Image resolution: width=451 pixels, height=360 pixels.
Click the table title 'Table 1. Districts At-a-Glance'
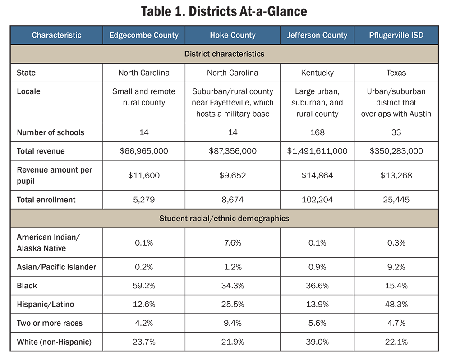pos(224,11)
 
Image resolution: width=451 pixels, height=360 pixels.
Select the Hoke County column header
pos(232,35)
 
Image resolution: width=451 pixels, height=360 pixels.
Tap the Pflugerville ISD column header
pos(396,35)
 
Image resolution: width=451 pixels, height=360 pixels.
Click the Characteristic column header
pos(56,35)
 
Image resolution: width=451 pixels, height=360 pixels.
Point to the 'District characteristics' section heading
pos(224,54)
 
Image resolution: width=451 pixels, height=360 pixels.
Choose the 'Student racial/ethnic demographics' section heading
pos(224,219)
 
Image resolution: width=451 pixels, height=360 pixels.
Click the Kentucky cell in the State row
pos(317,73)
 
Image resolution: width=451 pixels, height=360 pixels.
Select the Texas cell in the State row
pos(396,73)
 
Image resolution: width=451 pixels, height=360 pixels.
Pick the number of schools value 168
pos(317,132)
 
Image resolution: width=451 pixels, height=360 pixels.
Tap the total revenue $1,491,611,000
pos(317,151)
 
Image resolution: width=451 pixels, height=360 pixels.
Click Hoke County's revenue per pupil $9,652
pos(232,175)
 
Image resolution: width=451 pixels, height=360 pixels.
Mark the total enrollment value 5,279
pos(144,200)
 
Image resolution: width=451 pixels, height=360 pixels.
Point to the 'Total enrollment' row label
pos(46,200)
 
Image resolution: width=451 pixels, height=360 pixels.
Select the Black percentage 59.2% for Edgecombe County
pos(144,286)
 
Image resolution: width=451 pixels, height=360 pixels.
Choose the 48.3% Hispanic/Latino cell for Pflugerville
pos(396,304)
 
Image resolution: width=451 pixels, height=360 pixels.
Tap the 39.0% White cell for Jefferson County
pos(317,342)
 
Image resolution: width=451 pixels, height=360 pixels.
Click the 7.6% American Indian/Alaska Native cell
pos(232,242)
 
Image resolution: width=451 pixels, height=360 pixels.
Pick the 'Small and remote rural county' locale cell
pos(144,97)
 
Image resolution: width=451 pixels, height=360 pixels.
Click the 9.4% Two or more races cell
pos(232,323)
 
